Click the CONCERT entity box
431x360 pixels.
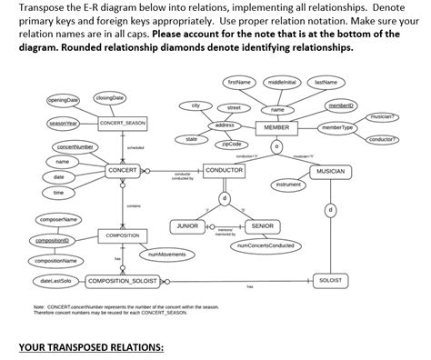point(123,170)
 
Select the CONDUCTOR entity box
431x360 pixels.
point(225,170)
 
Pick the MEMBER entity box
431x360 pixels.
point(276,128)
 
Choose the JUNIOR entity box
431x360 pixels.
point(186,225)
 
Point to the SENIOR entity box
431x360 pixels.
point(262,225)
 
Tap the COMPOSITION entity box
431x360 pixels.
point(123,235)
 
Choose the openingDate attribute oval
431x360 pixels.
point(64,99)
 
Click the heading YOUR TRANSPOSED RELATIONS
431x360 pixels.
point(91,347)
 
